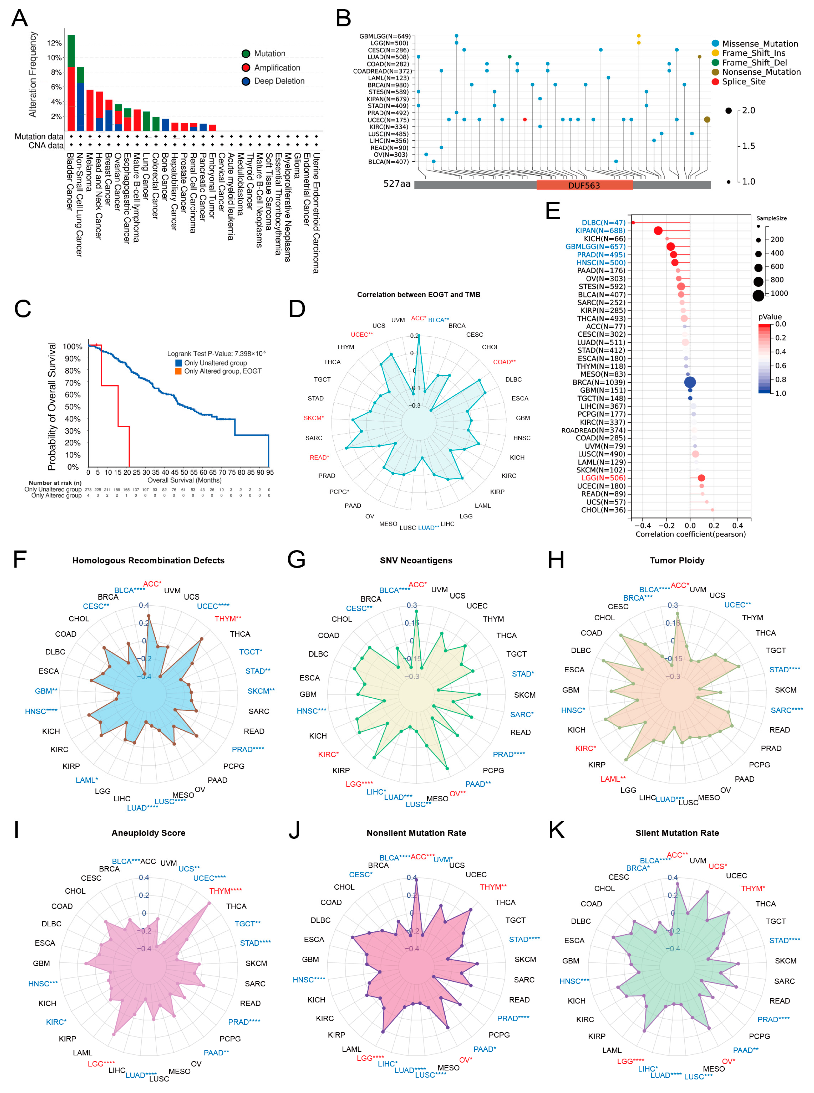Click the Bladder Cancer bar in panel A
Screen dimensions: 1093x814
pyautogui.click(x=71, y=83)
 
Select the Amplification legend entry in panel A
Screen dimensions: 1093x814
pyautogui.click(x=276, y=67)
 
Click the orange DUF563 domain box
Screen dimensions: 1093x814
pyautogui.click(x=584, y=185)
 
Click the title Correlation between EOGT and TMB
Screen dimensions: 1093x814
pyautogui.click(x=418, y=295)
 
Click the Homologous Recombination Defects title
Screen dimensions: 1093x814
pyautogui.click(x=148, y=561)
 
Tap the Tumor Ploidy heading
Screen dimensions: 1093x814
pyautogui.click(x=677, y=561)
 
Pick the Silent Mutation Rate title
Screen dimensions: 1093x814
pyautogui.click(x=677, y=833)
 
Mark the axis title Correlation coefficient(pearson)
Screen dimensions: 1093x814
pyautogui.click(x=690, y=534)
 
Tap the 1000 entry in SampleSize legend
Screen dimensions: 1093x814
pyautogui.click(x=779, y=294)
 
